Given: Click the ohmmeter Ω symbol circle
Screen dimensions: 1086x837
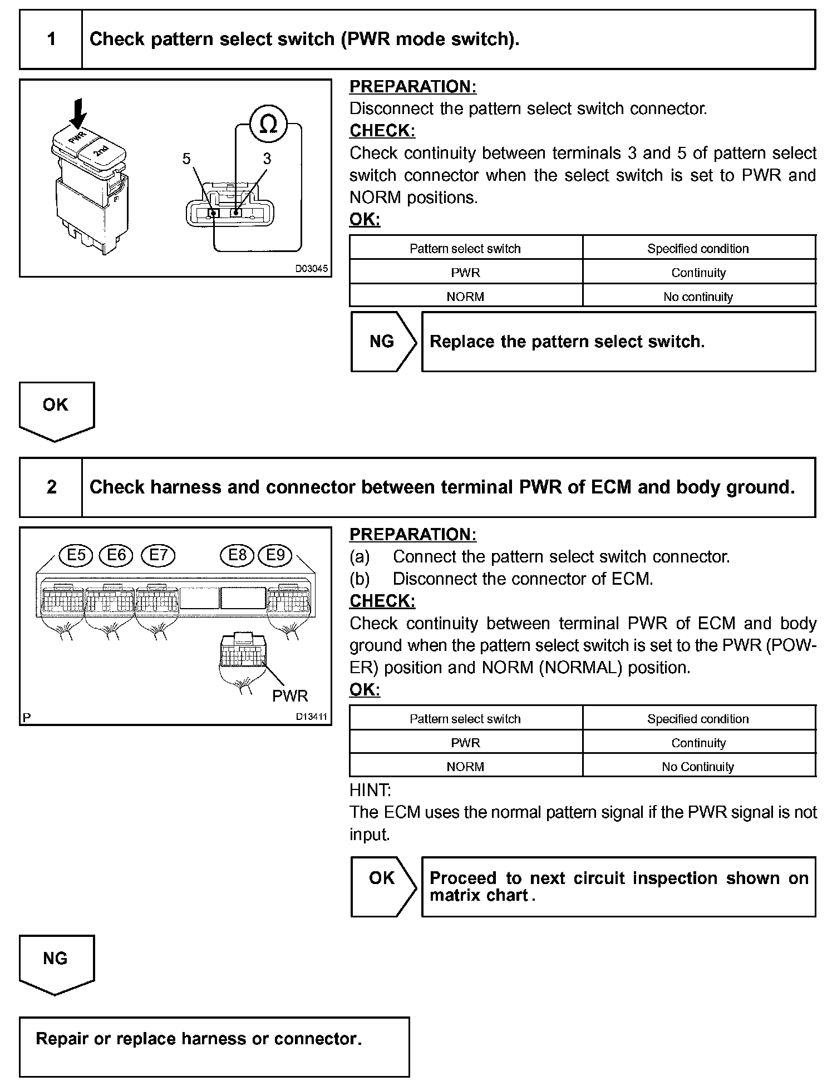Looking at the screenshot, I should tap(268, 125).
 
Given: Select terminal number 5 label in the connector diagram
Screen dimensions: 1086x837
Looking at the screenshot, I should tap(186, 159).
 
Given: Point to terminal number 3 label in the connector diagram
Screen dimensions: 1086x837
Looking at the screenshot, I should tap(267, 159).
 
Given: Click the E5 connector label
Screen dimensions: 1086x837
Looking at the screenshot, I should tap(76, 555).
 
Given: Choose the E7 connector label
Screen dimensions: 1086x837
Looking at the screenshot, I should tap(158, 555).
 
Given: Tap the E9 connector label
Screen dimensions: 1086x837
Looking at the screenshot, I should tap(275, 555).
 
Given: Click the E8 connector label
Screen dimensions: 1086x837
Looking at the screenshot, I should tap(238, 555).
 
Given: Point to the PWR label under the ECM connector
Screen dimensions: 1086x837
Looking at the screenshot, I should tap(290, 695).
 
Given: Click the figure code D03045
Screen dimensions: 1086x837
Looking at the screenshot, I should tap(312, 269).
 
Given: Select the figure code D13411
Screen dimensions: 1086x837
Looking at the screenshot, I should tap(312, 717).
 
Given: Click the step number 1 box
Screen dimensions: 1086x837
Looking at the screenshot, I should tap(51, 39).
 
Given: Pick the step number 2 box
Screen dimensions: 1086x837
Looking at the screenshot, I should tap(51, 487).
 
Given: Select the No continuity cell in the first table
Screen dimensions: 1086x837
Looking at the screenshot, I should tap(698, 297).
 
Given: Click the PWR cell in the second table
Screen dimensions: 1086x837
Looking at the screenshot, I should tap(465, 743).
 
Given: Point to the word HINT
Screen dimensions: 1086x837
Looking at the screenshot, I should tap(370, 790).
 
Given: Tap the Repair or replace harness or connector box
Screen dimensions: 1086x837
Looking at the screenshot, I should tap(214, 1046).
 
